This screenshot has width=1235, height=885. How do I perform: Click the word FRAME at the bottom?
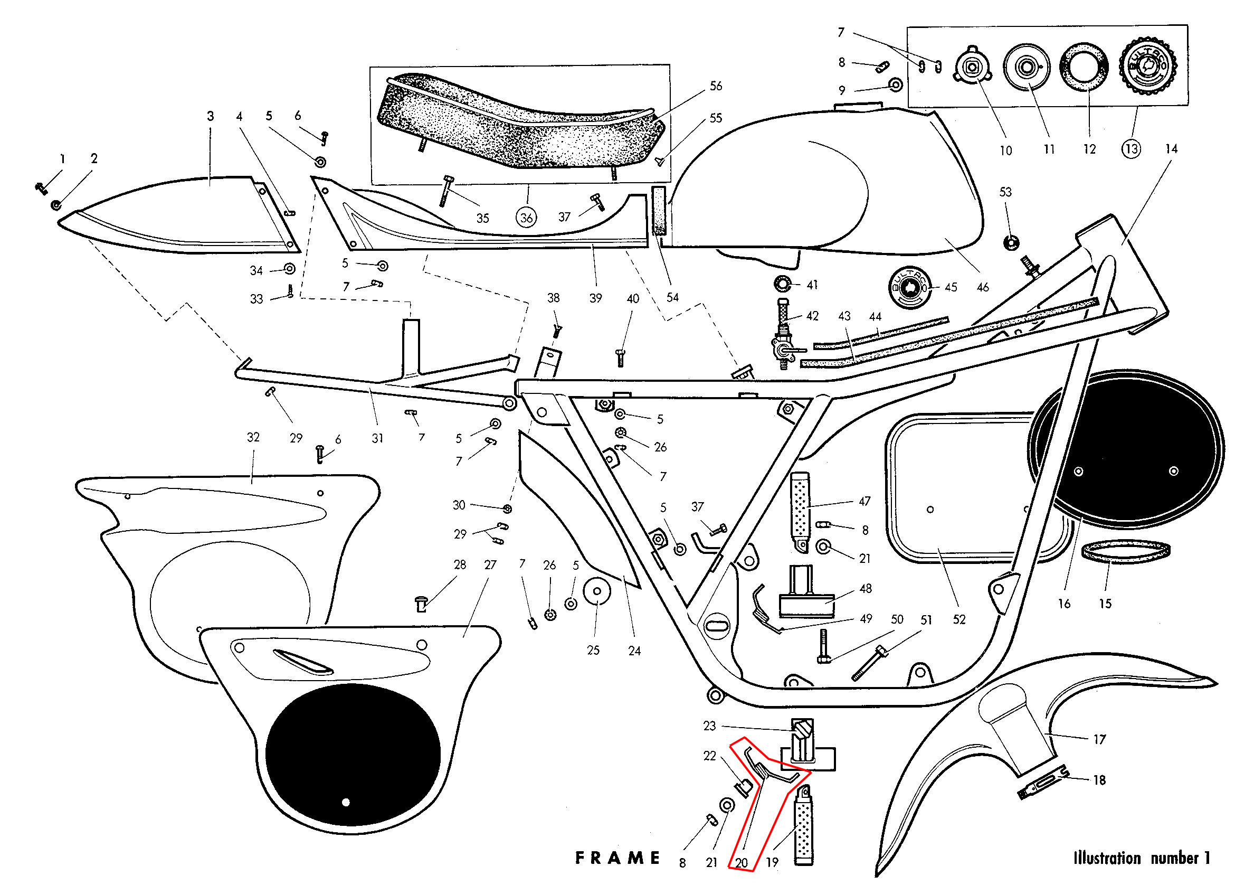click(617, 858)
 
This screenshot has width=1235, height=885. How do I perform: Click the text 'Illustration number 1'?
click(1141, 858)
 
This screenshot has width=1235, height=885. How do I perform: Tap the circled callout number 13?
click(1131, 149)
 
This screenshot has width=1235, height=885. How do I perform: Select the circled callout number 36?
click(526, 218)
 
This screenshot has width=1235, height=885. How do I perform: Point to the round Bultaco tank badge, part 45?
click(908, 287)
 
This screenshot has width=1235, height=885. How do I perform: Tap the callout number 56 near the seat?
click(716, 86)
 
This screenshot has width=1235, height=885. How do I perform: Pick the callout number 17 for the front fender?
click(1099, 739)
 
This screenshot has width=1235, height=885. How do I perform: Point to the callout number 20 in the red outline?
click(742, 863)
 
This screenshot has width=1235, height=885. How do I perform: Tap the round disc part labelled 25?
click(597, 591)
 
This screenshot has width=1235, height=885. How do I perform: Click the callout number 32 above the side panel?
click(253, 437)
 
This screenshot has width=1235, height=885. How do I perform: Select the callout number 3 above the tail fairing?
click(210, 116)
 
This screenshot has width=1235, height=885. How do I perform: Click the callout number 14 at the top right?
click(1171, 149)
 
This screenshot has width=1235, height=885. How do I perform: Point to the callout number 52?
click(959, 619)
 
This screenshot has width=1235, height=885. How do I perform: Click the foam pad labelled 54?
click(659, 210)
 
